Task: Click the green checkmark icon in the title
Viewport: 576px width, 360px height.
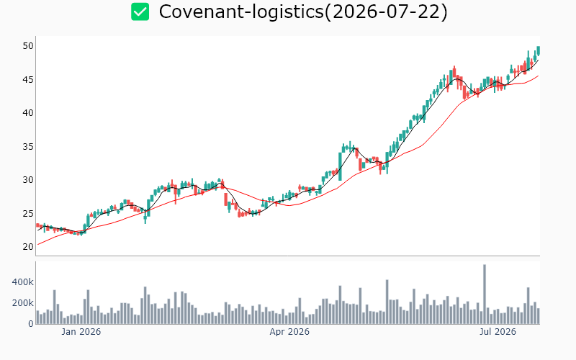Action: (140, 12)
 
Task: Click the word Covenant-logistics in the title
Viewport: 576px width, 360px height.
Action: (241, 12)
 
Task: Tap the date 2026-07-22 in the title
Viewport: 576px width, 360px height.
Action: (387, 12)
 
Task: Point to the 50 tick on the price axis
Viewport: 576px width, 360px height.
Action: (28, 46)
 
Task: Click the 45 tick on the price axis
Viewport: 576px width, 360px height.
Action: (28, 79)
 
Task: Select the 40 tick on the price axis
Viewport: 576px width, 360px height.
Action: (28, 113)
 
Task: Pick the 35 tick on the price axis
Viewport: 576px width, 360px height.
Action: (28, 147)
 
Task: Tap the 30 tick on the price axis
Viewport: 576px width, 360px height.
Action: (28, 179)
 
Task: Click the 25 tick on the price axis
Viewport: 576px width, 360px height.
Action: (28, 213)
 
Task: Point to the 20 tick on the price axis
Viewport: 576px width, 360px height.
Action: (28, 246)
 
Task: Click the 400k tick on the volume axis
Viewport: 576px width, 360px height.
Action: (23, 282)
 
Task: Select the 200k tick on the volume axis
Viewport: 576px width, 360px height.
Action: (23, 303)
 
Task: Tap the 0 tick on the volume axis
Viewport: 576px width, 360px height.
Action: (31, 324)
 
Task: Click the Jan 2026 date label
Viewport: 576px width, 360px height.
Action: (81, 332)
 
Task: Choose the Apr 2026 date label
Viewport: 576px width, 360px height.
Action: (289, 332)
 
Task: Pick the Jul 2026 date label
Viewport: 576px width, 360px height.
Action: (498, 332)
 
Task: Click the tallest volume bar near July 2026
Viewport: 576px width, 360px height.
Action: (485, 294)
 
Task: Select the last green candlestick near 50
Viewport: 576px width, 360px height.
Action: (538, 50)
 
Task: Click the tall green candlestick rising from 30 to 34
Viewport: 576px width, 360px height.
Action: (340, 166)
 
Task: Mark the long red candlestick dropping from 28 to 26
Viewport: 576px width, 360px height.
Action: (226, 199)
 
